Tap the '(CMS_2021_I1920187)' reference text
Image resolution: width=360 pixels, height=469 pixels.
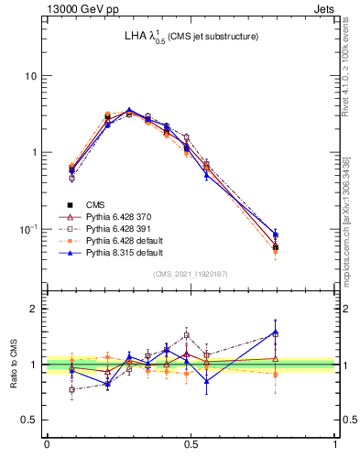tap(191, 274)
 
